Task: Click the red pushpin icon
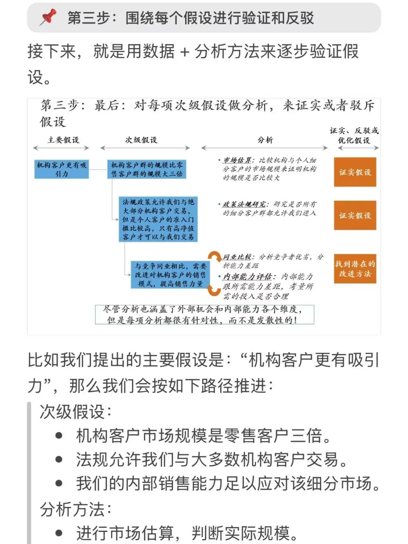coord(48,17)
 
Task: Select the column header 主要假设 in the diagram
coord(63,140)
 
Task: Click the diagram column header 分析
coord(265,140)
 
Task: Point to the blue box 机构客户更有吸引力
coord(62,169)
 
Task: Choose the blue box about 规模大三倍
coord(147,169)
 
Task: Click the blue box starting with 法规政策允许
coord(158,219)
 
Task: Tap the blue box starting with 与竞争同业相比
coord(170,275)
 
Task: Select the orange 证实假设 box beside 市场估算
coord(355,172)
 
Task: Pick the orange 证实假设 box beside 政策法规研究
coord(355,215)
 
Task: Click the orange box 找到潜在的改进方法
coord(355,269)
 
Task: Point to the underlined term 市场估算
coord(237,160)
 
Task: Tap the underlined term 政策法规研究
coord(244,204)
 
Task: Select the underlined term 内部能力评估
coord(249,277)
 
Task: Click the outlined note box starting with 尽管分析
coord(204,314)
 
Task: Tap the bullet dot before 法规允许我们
coord(59,460)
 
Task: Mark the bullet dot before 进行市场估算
coord(59,533)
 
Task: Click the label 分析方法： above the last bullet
coord(76,509)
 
